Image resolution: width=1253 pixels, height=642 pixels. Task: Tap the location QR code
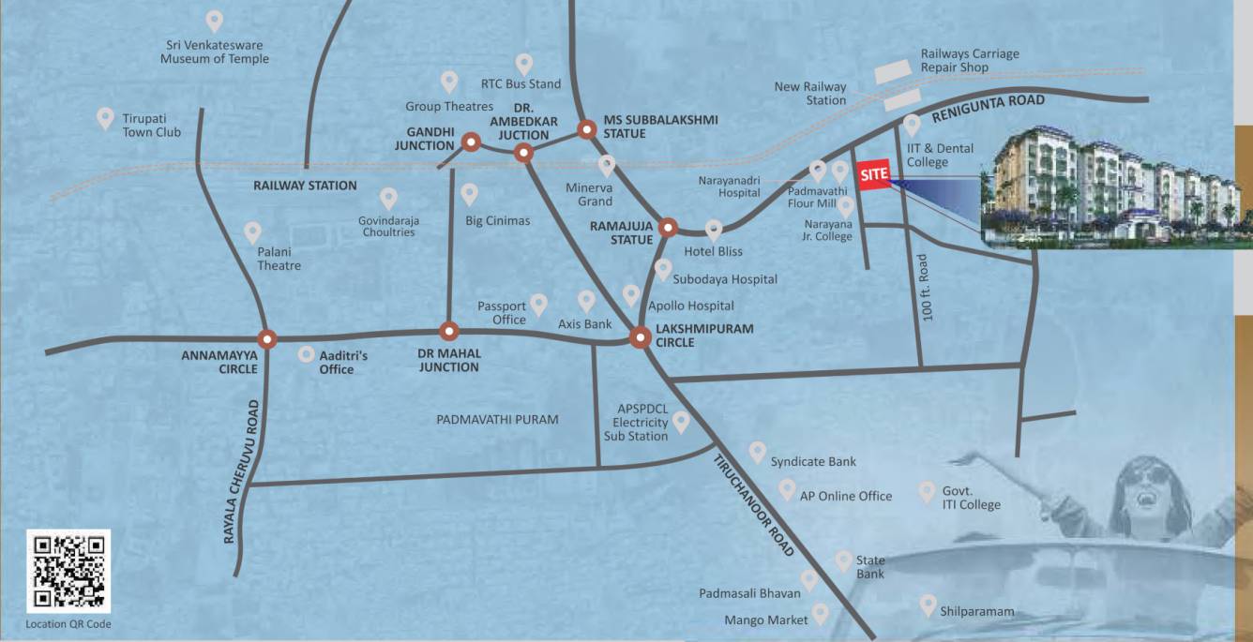click(x=68, y=571)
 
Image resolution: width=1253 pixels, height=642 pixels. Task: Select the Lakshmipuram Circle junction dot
click(x=641, y=337)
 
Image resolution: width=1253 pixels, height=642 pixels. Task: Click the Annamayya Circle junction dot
click(x=268, y=338)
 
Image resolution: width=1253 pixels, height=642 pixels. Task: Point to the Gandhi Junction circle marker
click(x=471, y=142)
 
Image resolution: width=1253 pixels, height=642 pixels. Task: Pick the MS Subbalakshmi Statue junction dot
click(x=586, y=129)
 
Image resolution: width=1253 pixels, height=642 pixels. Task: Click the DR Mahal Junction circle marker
click(x=449, y=331)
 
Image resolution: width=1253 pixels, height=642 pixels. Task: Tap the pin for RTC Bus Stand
click(x=524, y=64)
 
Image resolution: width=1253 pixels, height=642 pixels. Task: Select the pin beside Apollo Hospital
click(x=631, y=293)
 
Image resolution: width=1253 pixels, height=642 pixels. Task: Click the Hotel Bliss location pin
click(x=714, y=229)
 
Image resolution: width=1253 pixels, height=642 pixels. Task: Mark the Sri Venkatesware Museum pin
click(x=215, y=20)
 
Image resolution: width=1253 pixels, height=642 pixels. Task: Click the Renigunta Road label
click(x=988, y=110)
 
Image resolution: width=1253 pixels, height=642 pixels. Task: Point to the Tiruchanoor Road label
click(x=754, y=506)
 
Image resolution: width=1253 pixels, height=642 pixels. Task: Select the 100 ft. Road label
click(x=928, y=288)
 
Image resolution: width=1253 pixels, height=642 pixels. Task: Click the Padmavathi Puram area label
click(x=497, y=420)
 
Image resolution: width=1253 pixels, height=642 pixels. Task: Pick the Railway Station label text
click(x=305, y=186)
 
